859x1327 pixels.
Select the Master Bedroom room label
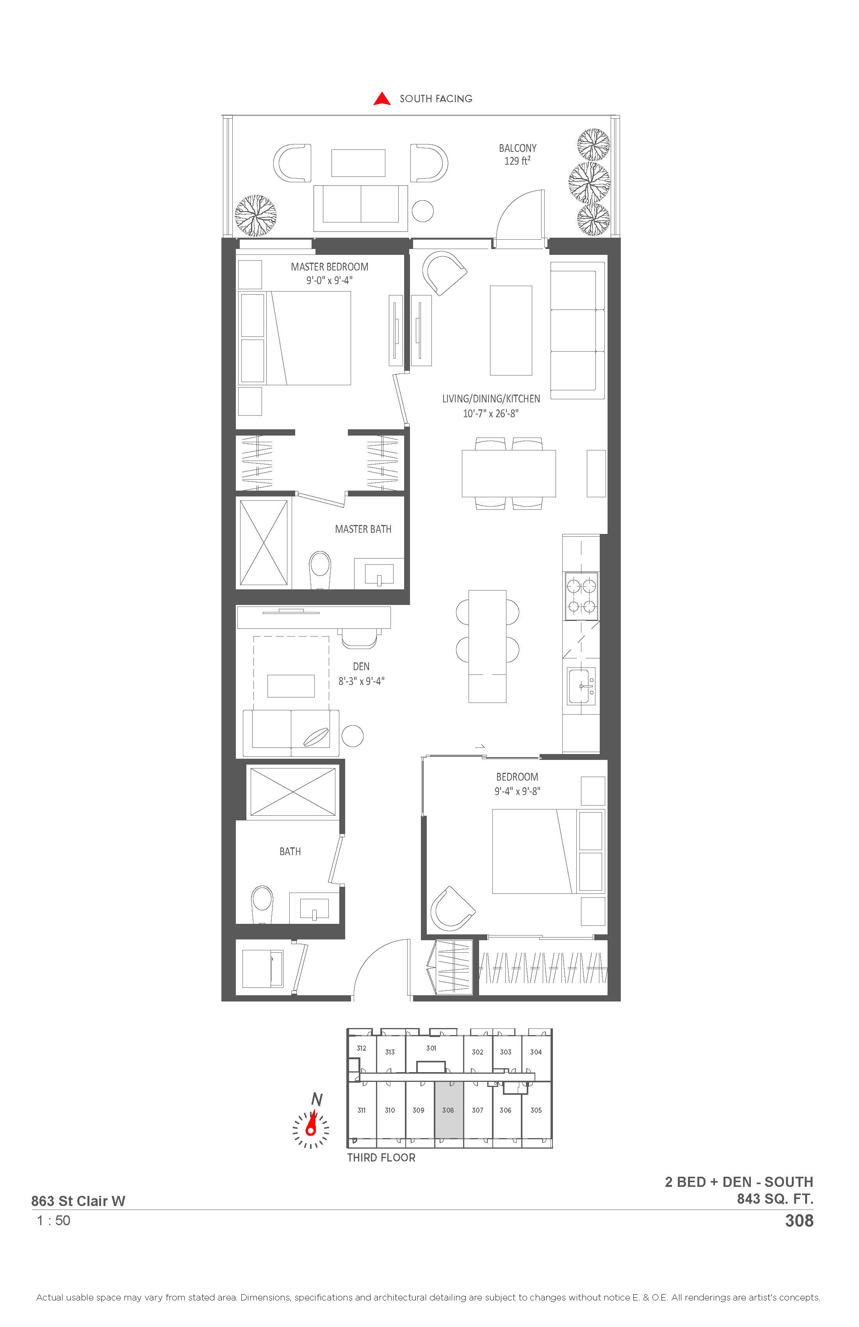click(x=330, y=267)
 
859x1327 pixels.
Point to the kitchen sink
click(x=581, y=686)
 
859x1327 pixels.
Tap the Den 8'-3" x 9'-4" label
click(x=362, y=674)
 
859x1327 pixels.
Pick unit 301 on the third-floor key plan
click(x=431, y=1048)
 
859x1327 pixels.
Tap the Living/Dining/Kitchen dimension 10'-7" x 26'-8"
click(x=491, y=414)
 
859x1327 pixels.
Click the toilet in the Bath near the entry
click(x=262, y=905)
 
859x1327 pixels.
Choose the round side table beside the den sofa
click(x=353, y=736)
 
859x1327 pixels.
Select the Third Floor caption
click(x=381, y=1158)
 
